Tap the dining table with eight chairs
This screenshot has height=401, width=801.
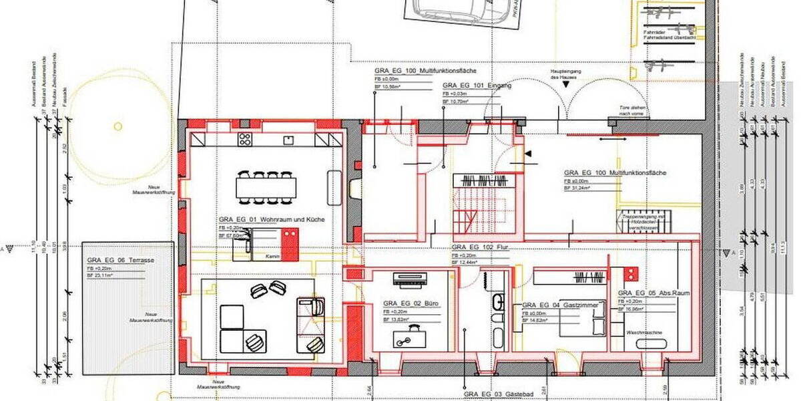pos(265,187)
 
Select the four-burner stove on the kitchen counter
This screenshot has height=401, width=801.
pos(245,140)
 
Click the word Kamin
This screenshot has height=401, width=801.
pos(270,257)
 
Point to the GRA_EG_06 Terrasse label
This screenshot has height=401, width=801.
pos(115,261)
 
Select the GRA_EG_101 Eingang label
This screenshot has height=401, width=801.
pos(477,86)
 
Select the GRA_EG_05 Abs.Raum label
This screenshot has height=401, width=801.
pos(653,293)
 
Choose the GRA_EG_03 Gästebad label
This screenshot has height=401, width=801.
pos(491,395)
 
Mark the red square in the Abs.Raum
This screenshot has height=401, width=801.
pos(631,273)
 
